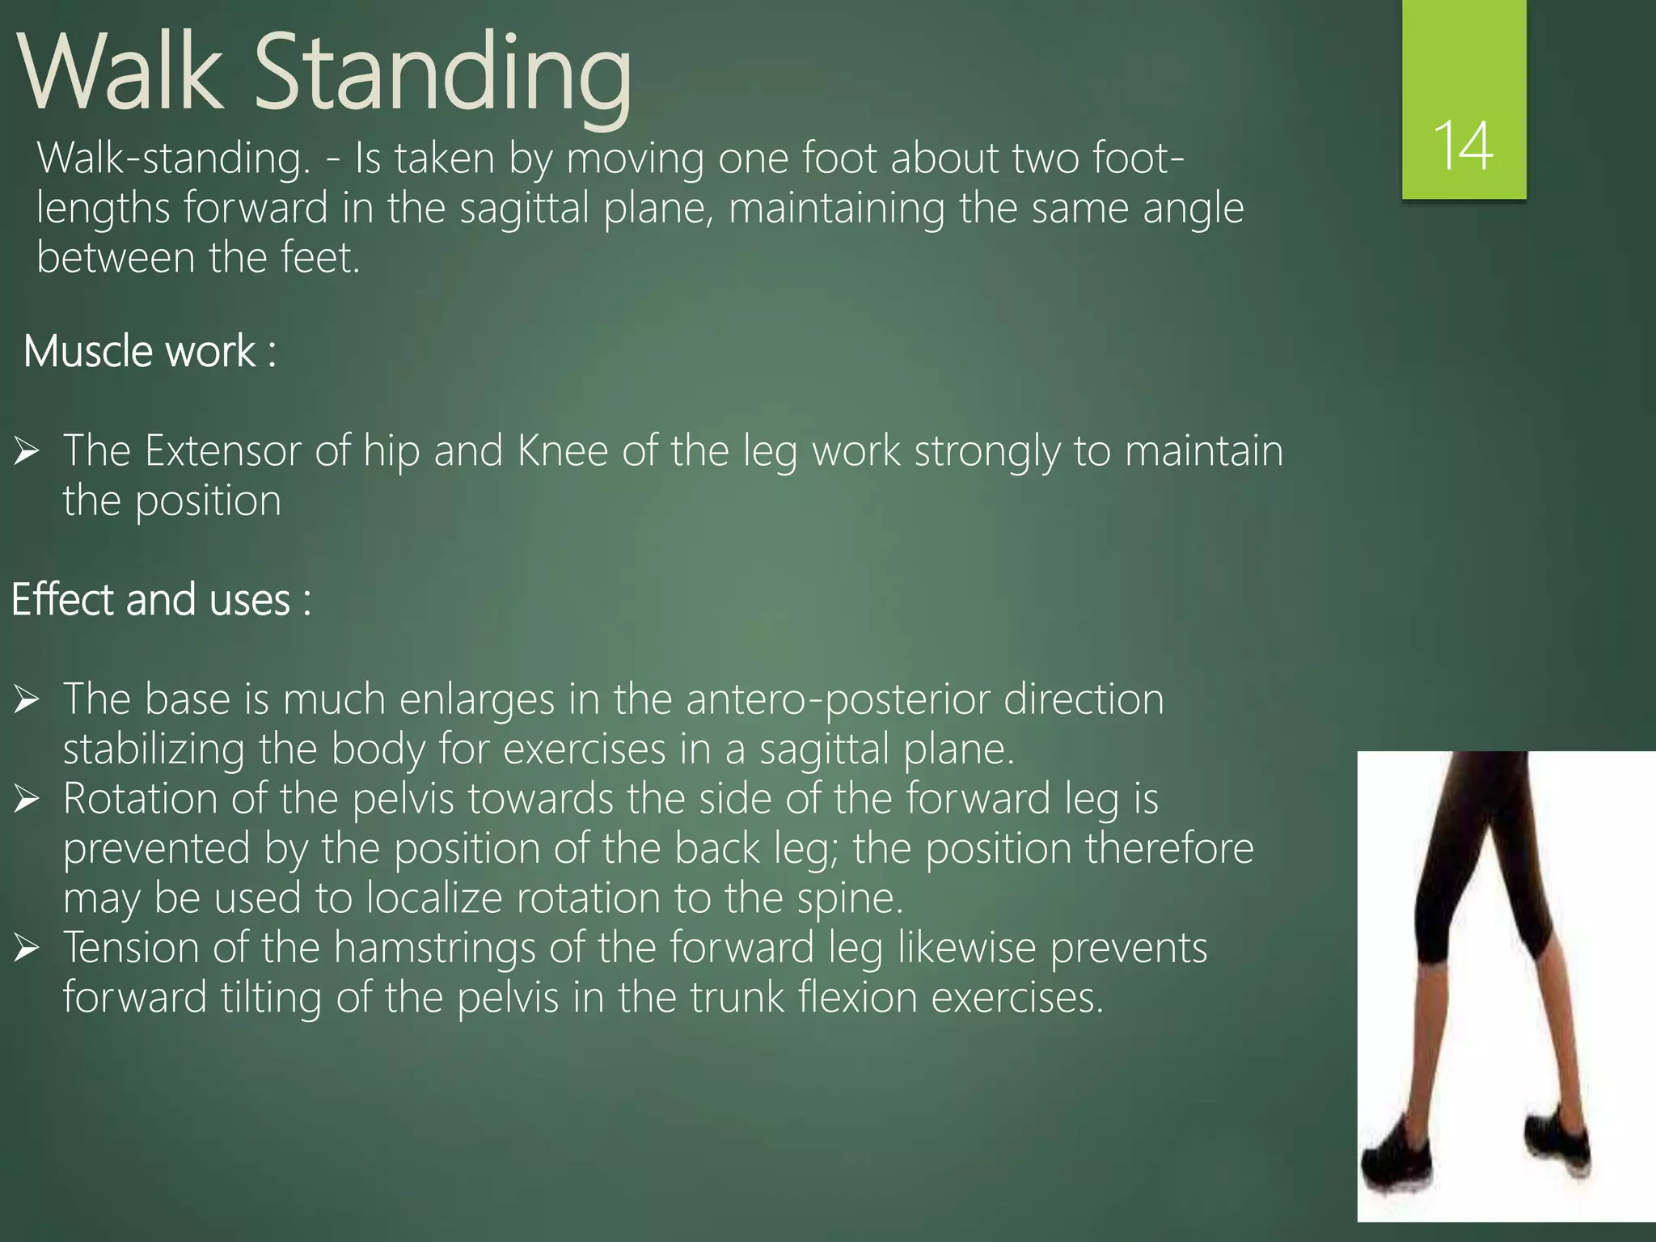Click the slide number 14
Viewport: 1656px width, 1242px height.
pos(1463,146)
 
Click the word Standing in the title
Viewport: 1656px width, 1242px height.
pos(443,74)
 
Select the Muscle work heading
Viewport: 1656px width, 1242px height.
pos(150,352)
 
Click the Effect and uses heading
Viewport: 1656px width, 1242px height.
pos(161,600)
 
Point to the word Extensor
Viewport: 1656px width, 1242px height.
pos(222,450)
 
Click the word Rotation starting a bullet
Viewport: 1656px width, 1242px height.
pos(140,799)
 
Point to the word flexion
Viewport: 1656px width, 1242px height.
pos(857,998)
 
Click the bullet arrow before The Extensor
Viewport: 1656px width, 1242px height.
pos(27,451)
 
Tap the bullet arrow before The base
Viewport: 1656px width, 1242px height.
pos(27,700)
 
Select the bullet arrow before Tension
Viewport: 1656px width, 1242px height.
pos(27,948)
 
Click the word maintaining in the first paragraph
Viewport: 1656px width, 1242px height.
pos(837,209)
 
